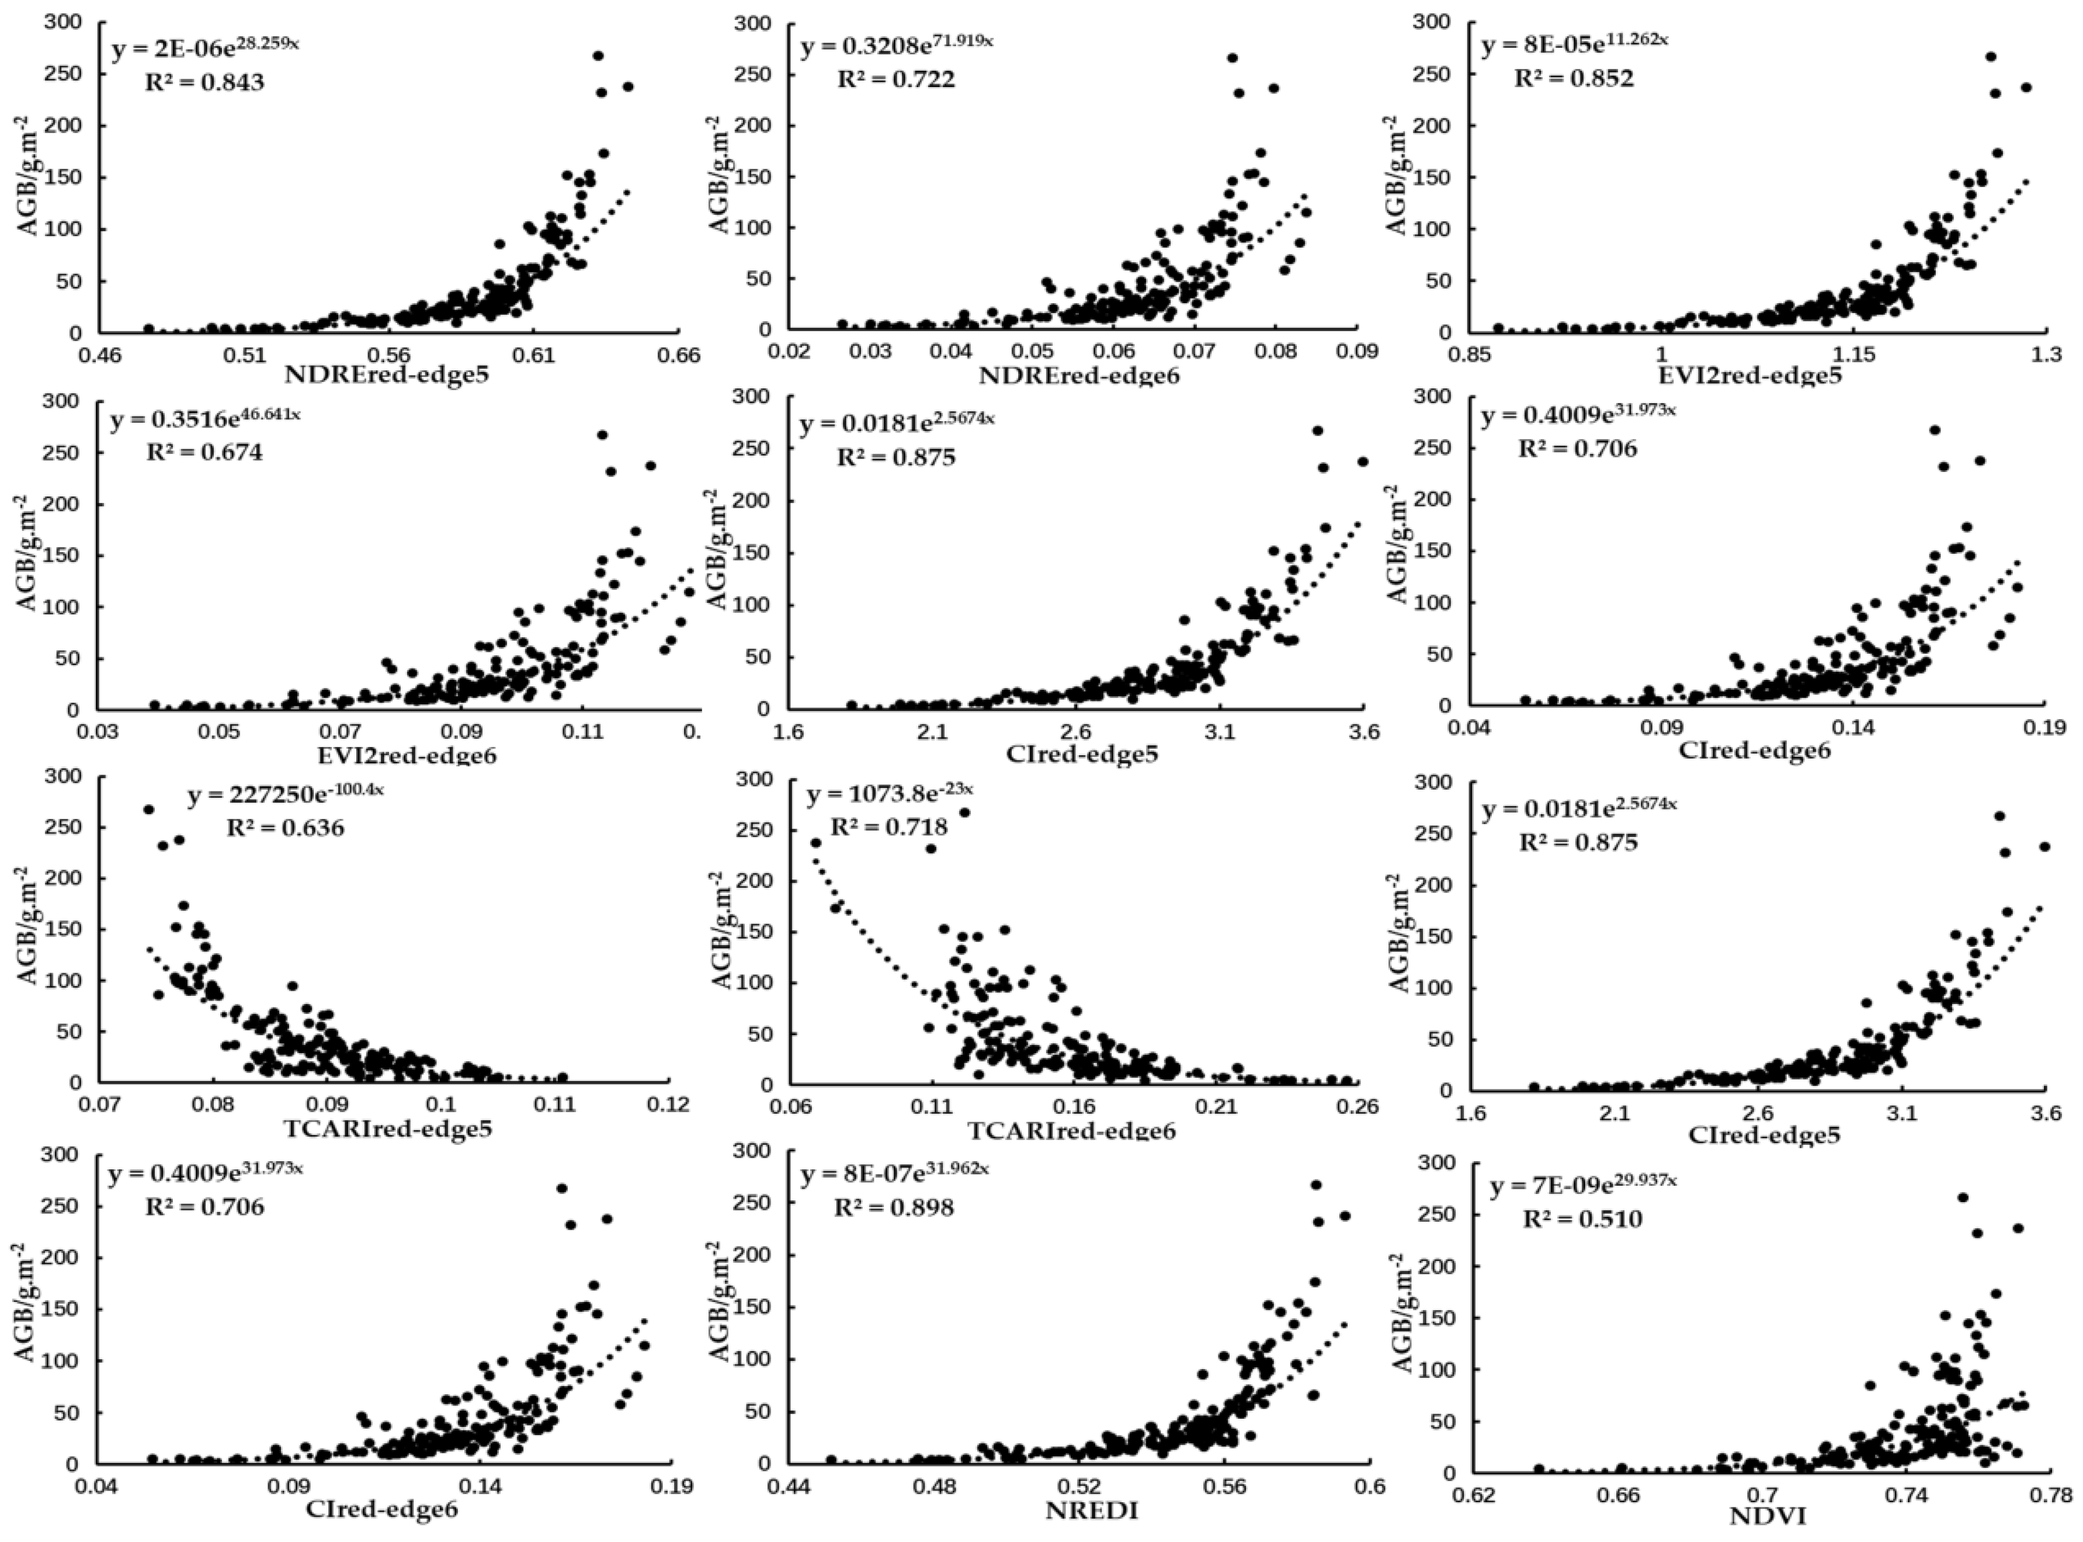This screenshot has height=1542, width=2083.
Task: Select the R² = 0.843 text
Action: pyautogui.click(x=204, y=82)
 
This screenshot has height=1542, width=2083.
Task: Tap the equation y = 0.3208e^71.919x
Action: pyautogui.click(x=896, y=45)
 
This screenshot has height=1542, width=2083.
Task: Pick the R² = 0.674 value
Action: pyautogui.click(x=204, y=453)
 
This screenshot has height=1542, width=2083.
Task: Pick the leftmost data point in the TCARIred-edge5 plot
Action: pyautogui.click(x=147, y=810)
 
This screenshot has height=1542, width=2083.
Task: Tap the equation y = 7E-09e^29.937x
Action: pyautogui.click(x=1583, y=1186)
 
